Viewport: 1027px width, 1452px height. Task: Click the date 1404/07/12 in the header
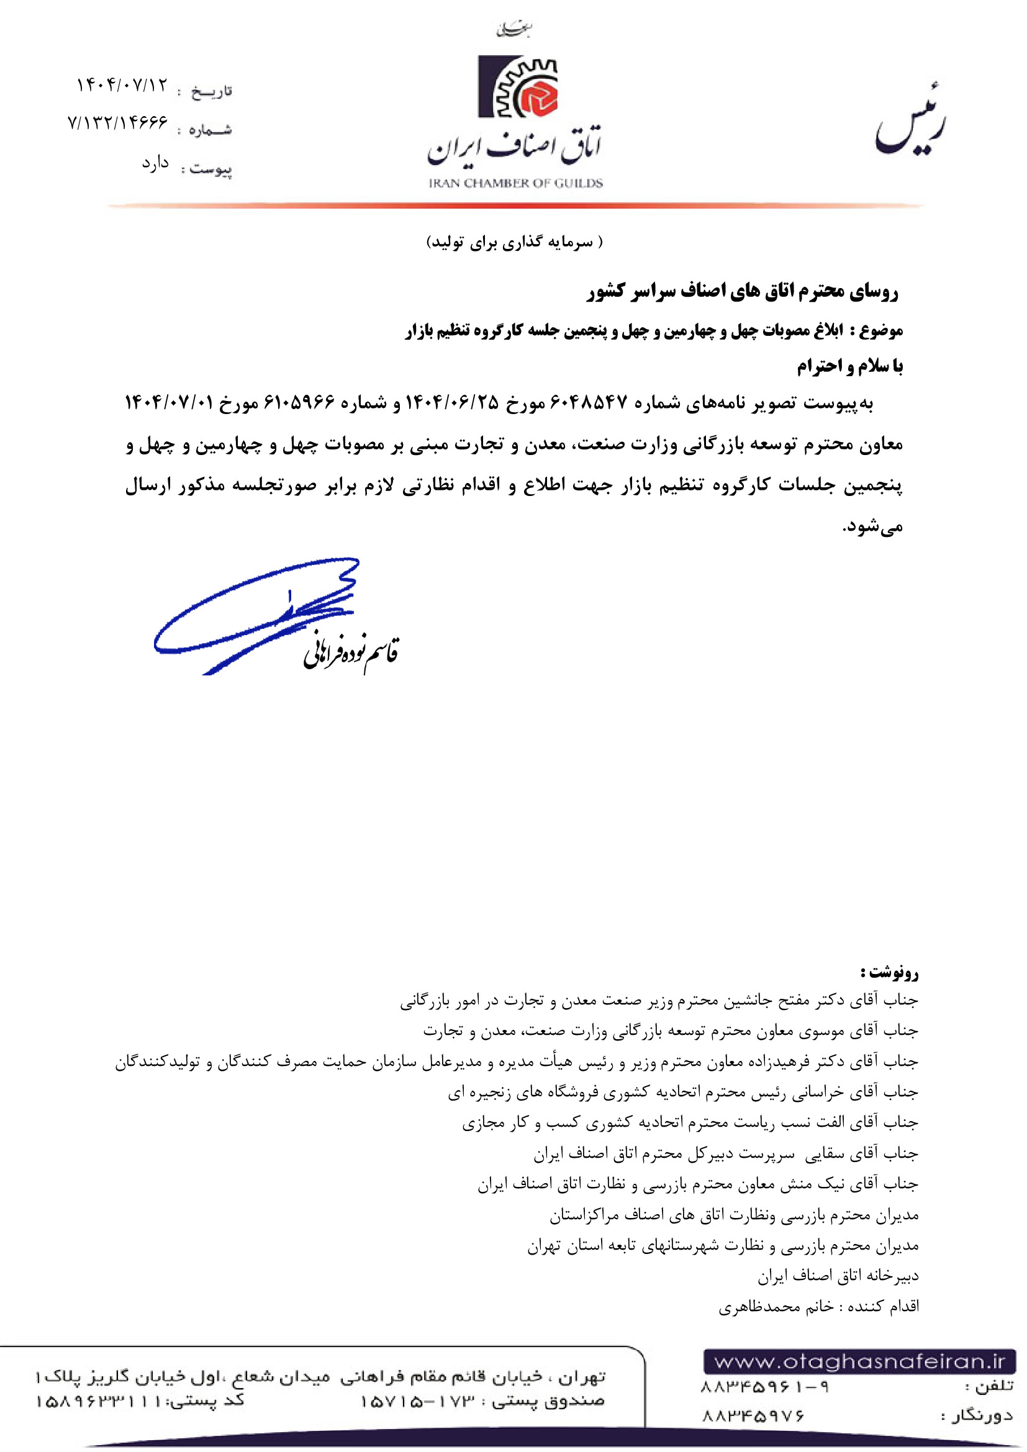click(x=122, y=85)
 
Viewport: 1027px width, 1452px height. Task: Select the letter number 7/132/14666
click(x=117, y=122)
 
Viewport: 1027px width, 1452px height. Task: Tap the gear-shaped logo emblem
click(x=518, y=88)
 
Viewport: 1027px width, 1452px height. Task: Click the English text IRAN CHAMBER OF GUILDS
click(x=515, y=183)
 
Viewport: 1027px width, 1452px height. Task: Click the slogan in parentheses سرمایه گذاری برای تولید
click(x=515, y=242)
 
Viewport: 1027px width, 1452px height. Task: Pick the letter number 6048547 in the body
click(x=589, y=402)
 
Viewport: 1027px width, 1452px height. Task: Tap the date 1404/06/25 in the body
click(x=451, y=402)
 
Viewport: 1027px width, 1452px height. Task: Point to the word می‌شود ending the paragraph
click(x=872, y=526)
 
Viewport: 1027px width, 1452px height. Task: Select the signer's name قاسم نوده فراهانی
click(x=351, y=652)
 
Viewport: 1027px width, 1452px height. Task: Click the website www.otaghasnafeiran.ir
click(x=859, y=1361)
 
